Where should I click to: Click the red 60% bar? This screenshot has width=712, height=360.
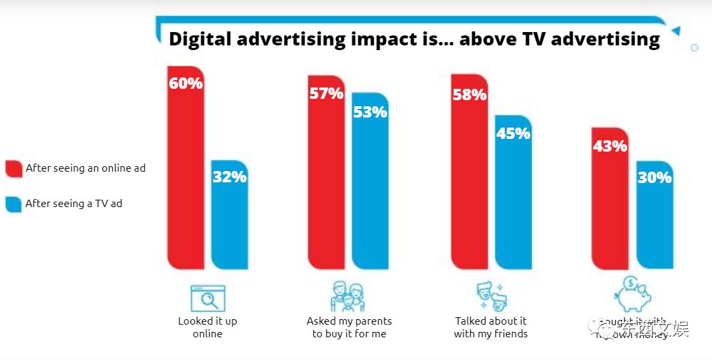coord(186,167)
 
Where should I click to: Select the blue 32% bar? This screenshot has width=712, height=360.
coord(230,214)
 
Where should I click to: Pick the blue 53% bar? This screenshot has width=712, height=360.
coord(370,180)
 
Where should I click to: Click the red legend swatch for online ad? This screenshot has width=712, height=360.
coord(13,168)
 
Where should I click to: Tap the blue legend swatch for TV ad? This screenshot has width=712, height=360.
coord(13,204)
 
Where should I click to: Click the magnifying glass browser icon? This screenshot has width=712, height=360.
coord(208,298)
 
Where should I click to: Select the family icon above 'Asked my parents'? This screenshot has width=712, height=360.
coord(348,297)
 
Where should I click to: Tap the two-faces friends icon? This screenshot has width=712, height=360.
coord(491,297)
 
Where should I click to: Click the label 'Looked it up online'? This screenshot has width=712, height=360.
coord(207,327)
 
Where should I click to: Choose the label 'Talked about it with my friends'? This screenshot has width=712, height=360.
coord(491,327)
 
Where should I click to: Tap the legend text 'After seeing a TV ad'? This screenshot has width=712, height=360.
coord(73,204)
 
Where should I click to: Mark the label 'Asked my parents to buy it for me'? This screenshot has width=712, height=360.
coord(349,327)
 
